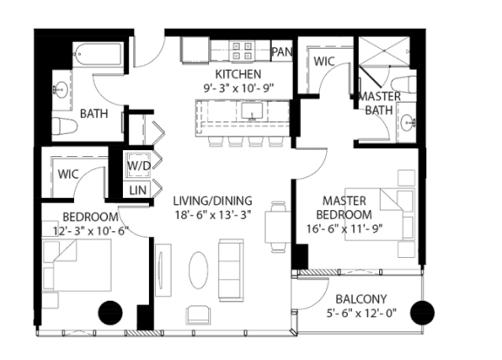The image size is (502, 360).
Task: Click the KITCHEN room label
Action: (238, 74)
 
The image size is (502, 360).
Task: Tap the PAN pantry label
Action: (282, 51)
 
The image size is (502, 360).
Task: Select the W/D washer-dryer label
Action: (139, 166)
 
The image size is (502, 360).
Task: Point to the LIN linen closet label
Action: (138, 190)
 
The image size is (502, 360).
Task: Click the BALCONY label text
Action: (361, 299)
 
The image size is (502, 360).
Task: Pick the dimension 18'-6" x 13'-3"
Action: (213, 214)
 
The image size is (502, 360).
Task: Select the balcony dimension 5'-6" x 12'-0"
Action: (362, 313)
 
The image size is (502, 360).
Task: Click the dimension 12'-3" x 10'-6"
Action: (91, 231)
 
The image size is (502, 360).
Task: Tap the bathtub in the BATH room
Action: (98, 54)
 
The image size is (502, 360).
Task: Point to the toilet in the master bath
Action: (404, 85)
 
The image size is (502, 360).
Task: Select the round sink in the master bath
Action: (408, 122)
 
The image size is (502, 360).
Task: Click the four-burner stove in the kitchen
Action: (241, 51)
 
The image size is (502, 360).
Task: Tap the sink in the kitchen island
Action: (252, 111)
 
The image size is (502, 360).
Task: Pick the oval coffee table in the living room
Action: (198, 270)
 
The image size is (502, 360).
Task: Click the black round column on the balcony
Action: (423, 313)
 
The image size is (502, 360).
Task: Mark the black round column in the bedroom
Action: (110, 313)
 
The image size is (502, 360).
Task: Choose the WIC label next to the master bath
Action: (324, 61)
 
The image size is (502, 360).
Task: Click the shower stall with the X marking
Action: (383, 51)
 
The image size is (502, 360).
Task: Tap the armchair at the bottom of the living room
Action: (199, 315)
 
